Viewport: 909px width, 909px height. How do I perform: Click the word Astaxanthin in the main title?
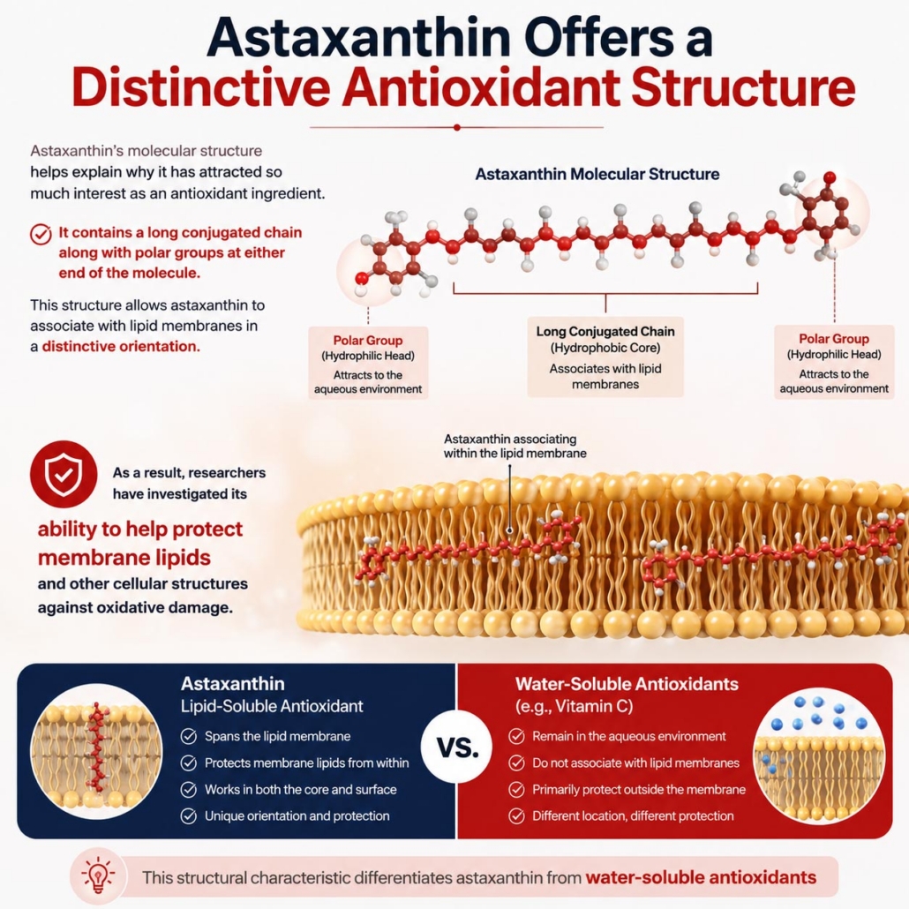[x=357, y=38]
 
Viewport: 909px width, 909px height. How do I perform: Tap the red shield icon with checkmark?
[x=64, y=474]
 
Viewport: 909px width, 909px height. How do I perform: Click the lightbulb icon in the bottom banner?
[x=97, y=876]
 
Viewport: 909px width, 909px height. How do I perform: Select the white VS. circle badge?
[x=457, y=747]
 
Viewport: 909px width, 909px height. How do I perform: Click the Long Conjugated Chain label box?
[x=605, y=357]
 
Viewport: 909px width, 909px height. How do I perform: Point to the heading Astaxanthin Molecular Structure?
[x=597, y=174]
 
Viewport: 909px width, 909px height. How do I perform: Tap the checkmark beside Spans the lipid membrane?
[x=188, y=736]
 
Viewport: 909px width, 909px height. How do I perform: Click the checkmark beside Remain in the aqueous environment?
[x=516, y=736]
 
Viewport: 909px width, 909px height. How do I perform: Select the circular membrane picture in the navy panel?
[x=96, y=750]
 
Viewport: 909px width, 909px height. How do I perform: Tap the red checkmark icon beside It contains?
[x=41, y=234]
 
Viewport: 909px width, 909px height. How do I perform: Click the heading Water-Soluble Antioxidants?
[x=627, y=684]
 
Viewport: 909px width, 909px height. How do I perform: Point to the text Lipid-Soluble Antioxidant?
[x=272, y=706]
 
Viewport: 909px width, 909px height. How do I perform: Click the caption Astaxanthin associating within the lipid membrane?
[x=515, y=446]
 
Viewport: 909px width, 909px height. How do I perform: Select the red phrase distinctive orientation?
[x=121, y=347]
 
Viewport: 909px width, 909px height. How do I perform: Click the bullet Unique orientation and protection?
[x=297, y=816]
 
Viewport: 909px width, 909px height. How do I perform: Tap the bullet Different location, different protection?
[x=633, y=816]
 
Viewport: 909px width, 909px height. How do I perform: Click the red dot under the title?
[x=457, y=128]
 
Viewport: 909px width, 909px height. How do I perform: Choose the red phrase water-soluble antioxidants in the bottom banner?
[x=701, y=877]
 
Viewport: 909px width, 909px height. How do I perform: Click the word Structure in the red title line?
[x=743, y=88]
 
